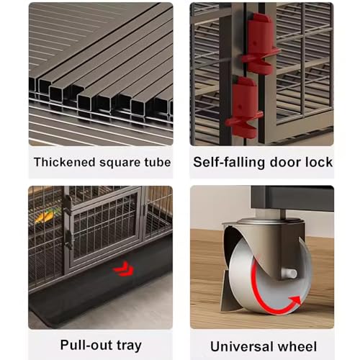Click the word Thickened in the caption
click(65, 162)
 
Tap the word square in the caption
click(120, 163)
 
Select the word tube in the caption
click(158, 162)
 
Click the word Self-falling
click(230, 163)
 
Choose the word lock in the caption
click(319, 162)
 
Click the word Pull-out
click(86, 345)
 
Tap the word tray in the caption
click(129, 346)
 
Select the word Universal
click(242, 346)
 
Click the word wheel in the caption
click(297, 346)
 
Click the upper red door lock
click(261, 45)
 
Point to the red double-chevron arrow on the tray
click(124, 269)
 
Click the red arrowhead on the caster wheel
click(295, 301)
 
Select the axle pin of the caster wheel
click(289, 274)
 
